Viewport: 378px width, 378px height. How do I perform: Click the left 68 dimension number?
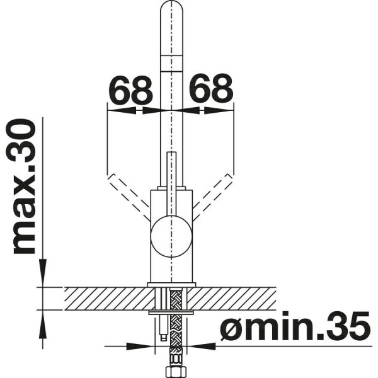(x=132, y=89)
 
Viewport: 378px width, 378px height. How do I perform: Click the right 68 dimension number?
(x=211, y=89)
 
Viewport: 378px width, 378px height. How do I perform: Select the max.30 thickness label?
(x=25, y=186)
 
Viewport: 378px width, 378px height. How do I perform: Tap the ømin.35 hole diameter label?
(x=295, y=326)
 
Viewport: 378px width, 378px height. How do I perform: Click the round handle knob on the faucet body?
(x=171, y=236)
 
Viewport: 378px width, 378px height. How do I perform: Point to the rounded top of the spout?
(x=171, y=7)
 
